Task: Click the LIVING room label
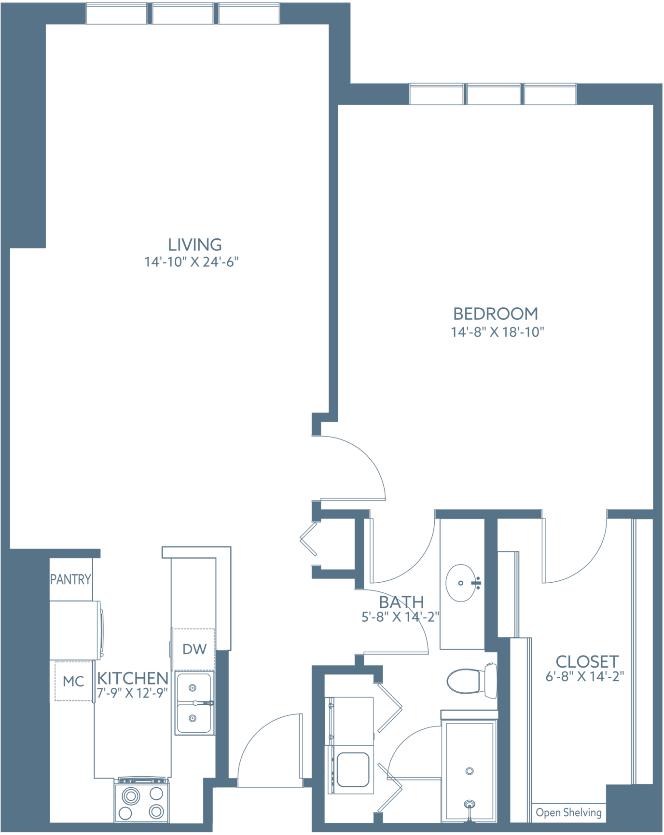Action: (195, 245)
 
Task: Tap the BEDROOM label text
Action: (496, 314)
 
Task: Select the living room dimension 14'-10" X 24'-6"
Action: (192, 262)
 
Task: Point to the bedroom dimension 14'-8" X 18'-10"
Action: (498, 332)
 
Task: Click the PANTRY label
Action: (70, 579)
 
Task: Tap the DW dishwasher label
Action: (194, 649)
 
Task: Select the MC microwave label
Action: (73, 682)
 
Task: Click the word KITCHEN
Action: (133, 678)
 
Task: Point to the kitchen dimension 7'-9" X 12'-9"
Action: (132, 693)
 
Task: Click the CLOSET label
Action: (587, 661)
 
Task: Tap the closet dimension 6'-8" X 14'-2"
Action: (585, 676)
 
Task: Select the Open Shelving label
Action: (569, 812)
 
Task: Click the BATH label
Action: (401, 602)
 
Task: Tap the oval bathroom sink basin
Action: (461, 583)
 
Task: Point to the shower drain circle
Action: (470, 771)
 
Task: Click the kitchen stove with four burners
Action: (141, 801)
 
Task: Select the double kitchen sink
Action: (194, 703)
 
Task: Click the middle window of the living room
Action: (183, 14)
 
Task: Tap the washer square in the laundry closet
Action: (353, 769)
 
